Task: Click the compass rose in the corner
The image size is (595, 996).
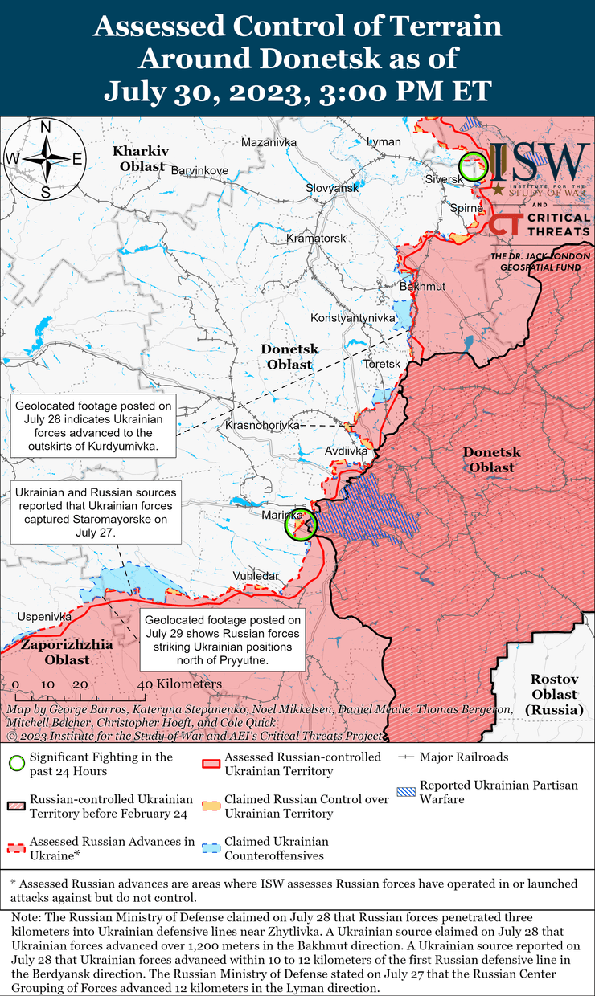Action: (46, 158)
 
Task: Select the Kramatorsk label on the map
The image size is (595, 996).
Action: (316, 239)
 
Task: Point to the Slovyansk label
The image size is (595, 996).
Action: (332, 187)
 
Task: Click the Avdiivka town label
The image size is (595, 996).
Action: (346, 451)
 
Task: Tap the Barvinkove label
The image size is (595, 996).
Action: (200, 170)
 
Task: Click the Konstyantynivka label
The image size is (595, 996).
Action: (353, 318)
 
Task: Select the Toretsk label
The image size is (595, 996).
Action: (382, 364)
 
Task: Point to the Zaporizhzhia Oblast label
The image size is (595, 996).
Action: (55, 651)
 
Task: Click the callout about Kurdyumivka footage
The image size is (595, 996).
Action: (92, 426)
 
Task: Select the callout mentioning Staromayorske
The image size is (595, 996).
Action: (94, 511)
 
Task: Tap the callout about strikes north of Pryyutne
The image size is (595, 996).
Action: (223, 640)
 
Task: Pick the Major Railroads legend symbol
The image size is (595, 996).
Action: (407, 757)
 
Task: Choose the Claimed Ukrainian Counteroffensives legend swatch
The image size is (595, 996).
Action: (211, 848)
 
